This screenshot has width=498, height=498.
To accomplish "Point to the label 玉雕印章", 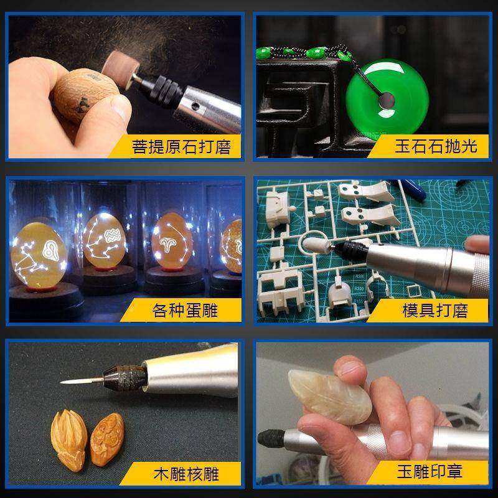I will point(430,472).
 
